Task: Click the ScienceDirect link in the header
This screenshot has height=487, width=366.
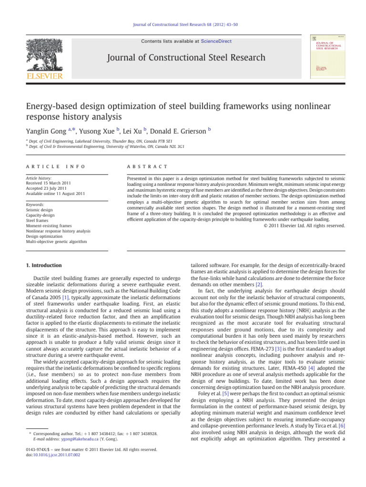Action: coord(217,41)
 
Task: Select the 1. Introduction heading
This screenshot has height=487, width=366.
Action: coord(43,265)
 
